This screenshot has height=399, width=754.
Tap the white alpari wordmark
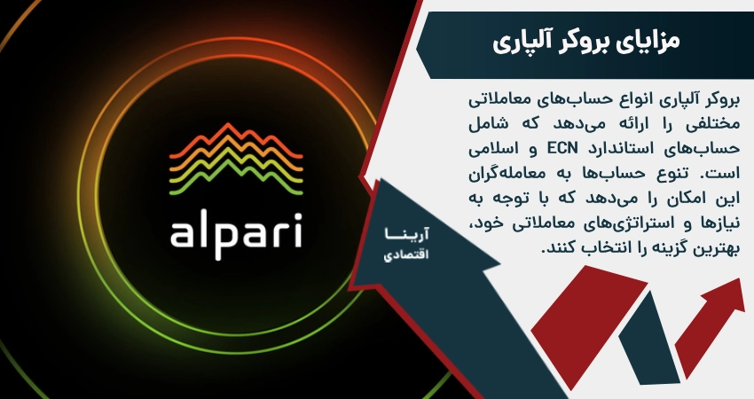pyautogui.click(x=235, y=232)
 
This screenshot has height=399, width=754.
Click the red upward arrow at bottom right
pyautogui.click(x=710, y=319)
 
